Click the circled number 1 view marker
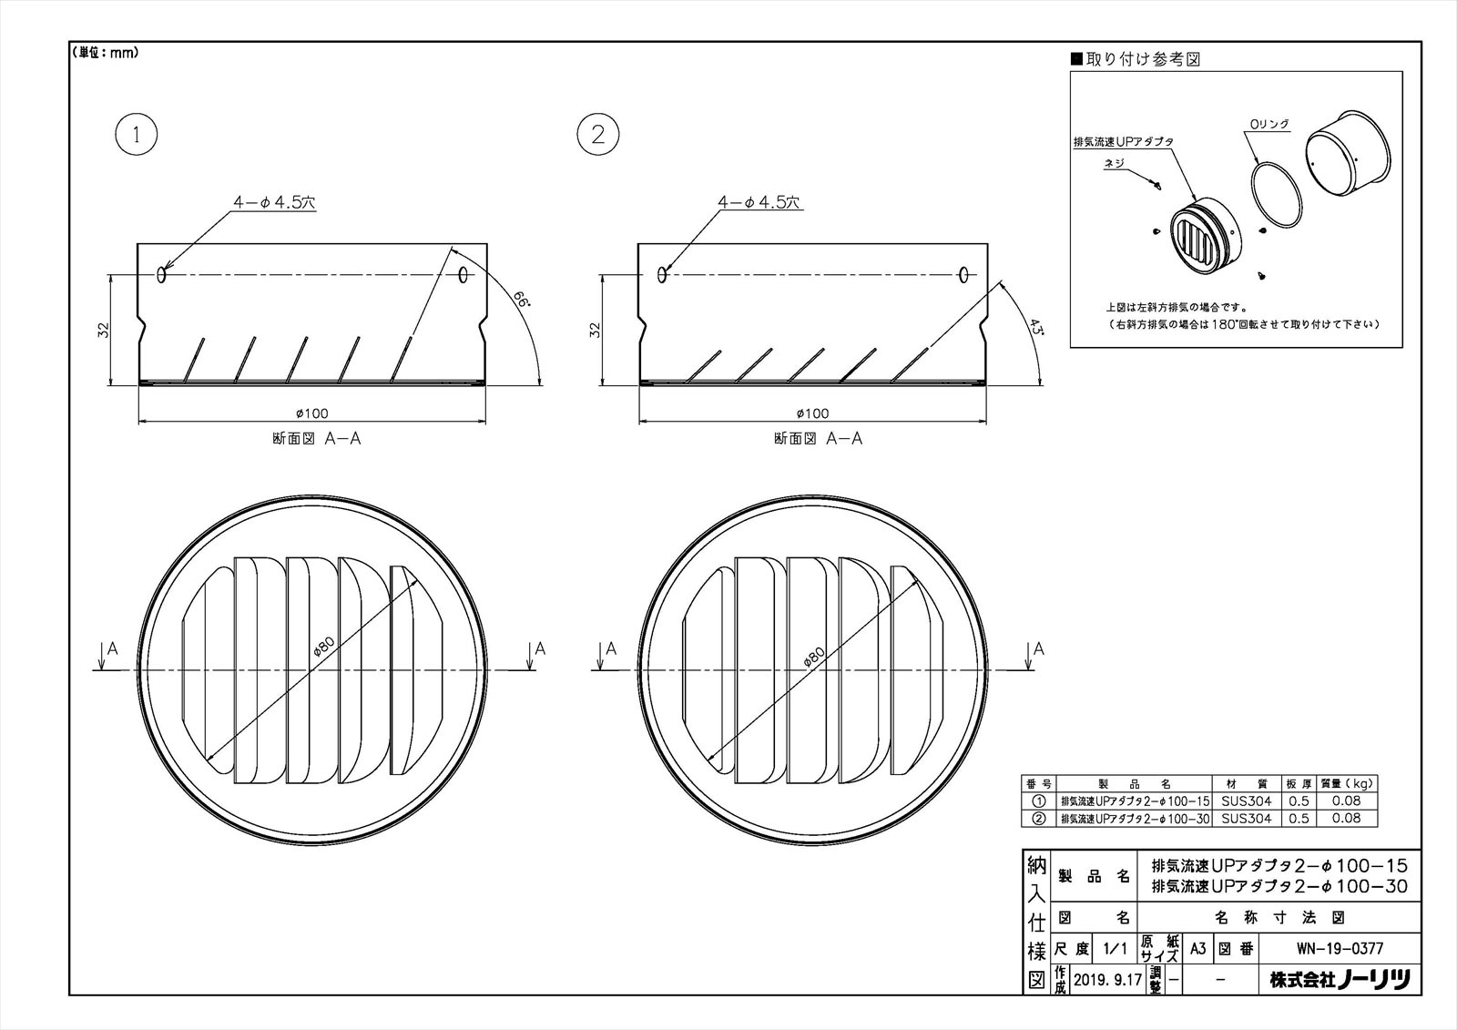pos(136,135)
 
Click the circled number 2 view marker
pos(597,135)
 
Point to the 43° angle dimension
pos(1037,327)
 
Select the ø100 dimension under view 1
pos(311,413)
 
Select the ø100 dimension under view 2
pos(812,413)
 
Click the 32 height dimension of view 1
pos(104,330)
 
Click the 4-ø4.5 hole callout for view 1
pos(274,202)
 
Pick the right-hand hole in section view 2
pos(963,275)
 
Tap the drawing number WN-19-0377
pos(1340,949)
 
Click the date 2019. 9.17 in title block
pos(1107,980)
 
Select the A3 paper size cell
pos(1197,949)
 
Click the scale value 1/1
pos(1115,949)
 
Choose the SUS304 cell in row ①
pos(1247,801)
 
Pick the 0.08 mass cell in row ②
pos(1346,818)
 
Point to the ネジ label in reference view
pos(1115,163)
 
